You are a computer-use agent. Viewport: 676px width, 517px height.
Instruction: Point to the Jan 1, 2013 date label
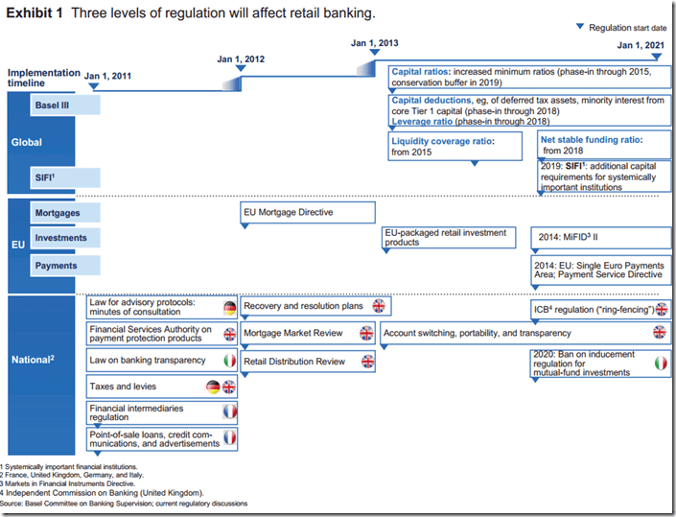(x=375, y=43)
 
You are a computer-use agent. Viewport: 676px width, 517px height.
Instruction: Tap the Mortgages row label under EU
(x=57, y=212)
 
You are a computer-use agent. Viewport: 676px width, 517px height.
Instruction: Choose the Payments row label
(x=56, y=265)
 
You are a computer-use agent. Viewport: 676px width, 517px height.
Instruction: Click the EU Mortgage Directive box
(x=306, y=212)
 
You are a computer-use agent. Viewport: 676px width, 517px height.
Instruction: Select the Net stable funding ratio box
(x=602, y=145)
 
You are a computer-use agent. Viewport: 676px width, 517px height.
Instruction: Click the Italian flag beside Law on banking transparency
(x=230, y=361)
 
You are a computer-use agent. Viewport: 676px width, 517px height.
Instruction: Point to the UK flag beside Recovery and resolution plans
(x=379, y=306)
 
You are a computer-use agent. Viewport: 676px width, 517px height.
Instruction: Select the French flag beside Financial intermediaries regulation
(x=230, y=411)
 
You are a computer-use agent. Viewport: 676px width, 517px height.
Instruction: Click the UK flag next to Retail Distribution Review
(x=366, y=362)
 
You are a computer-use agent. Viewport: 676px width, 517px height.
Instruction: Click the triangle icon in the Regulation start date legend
(x=580, y=28)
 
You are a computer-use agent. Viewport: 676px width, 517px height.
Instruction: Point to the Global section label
(x=27, y=142)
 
